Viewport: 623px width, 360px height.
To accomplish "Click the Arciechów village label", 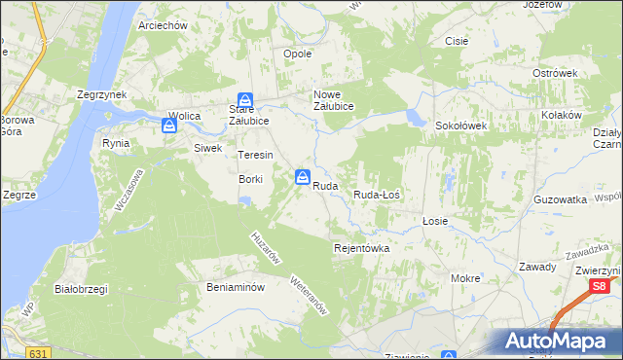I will (163, 25).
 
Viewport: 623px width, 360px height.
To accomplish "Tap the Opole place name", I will (296, 54).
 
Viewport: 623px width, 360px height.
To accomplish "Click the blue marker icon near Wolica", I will (170, 125).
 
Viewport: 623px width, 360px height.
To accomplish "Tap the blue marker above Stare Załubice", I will (246, 100).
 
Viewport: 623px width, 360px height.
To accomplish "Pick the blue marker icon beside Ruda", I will (303, 177).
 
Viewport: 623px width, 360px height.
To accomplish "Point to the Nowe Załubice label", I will (333, 100).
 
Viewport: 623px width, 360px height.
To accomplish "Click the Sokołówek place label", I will (460, 126).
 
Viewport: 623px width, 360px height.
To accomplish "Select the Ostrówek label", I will (556, 73).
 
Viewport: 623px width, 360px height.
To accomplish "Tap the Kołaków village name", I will (562, 115).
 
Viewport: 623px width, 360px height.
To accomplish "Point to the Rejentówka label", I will (361, 248).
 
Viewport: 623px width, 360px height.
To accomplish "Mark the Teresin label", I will (255, 155).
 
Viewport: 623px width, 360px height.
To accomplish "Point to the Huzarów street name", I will (266, 248).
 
